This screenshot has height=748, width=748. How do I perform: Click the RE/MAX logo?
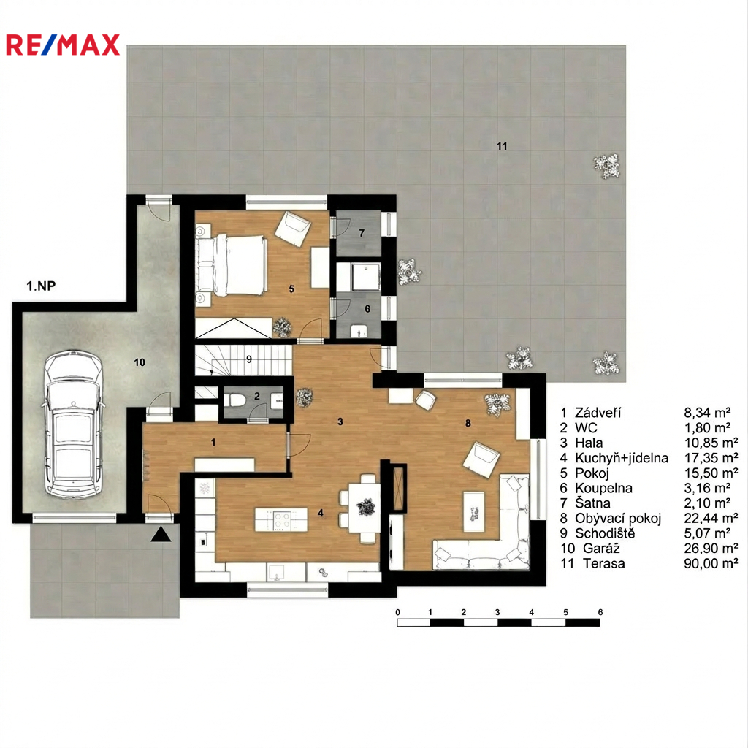(x=63, y=45)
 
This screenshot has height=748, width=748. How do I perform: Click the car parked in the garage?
(x=73, y=424)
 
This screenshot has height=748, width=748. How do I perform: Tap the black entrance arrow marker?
(x=161, y=534)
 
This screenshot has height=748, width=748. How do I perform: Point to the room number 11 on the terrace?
(x=501, y=146)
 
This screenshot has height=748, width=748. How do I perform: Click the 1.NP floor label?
(x=41, y=286)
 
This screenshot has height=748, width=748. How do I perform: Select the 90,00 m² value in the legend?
(x=711, y=563)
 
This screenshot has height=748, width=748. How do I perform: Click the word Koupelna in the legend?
(x=603, y=488)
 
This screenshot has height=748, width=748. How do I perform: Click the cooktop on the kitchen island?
(x=281, y=520)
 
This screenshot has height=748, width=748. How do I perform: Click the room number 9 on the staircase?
(x=248, y=359)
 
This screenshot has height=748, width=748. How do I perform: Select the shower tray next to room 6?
(x=366, y=276)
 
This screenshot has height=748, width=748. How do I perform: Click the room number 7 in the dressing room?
(x=362, y=233)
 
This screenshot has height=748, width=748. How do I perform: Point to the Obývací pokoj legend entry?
(x=618, y=518)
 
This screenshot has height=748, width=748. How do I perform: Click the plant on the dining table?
(x=366, y=507)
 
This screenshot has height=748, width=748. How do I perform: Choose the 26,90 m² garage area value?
(x=711, y=548)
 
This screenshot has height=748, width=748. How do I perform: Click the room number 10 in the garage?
(x=140, y=362)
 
